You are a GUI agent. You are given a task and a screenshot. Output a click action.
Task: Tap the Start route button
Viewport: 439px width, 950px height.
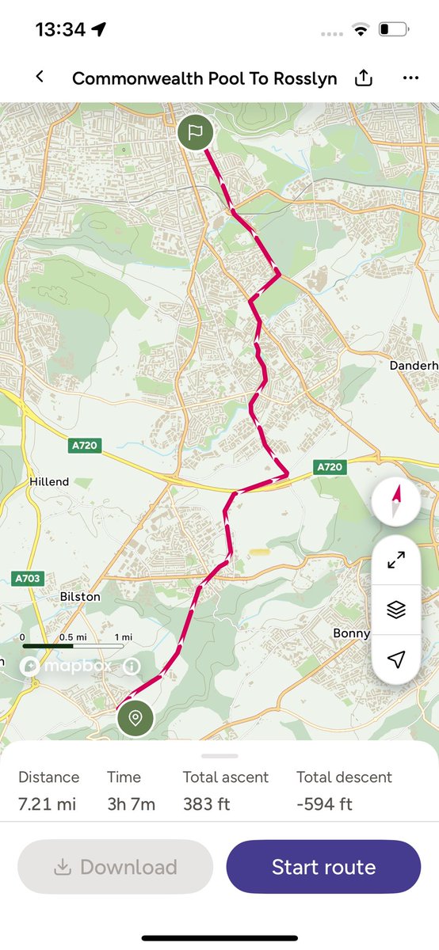323,867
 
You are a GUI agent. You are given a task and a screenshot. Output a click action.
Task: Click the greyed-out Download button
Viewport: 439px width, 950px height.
116,867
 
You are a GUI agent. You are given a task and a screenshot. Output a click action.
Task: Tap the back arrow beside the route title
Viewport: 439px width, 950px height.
40,77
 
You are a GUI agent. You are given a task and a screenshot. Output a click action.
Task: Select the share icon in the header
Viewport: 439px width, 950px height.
363,78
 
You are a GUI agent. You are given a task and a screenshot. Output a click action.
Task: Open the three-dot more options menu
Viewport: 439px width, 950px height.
410,78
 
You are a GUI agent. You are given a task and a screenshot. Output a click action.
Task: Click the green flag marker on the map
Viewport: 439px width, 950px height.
196,132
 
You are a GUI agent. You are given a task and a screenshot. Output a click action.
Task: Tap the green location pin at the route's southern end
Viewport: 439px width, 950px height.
136,718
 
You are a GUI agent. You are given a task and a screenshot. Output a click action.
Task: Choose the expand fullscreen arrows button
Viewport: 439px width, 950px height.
396,560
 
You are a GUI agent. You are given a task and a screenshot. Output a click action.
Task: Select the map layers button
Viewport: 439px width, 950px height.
396,610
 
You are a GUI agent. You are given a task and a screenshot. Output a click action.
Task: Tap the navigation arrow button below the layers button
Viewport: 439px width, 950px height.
396,659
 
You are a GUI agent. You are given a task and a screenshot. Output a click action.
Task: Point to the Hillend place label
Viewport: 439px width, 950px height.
49,481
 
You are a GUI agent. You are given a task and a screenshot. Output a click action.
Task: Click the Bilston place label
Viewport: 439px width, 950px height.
80,596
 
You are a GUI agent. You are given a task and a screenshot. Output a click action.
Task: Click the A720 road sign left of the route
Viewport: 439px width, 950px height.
84,446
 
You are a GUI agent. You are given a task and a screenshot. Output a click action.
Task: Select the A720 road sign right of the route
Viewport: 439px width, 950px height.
330,467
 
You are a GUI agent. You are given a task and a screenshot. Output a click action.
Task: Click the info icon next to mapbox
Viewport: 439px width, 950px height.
132,667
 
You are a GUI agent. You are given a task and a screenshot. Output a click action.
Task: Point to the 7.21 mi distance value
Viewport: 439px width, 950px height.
48,804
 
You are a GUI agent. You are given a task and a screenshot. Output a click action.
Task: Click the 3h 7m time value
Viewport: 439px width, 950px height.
131,804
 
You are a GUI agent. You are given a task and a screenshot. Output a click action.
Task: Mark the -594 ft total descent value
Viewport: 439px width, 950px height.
324,804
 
